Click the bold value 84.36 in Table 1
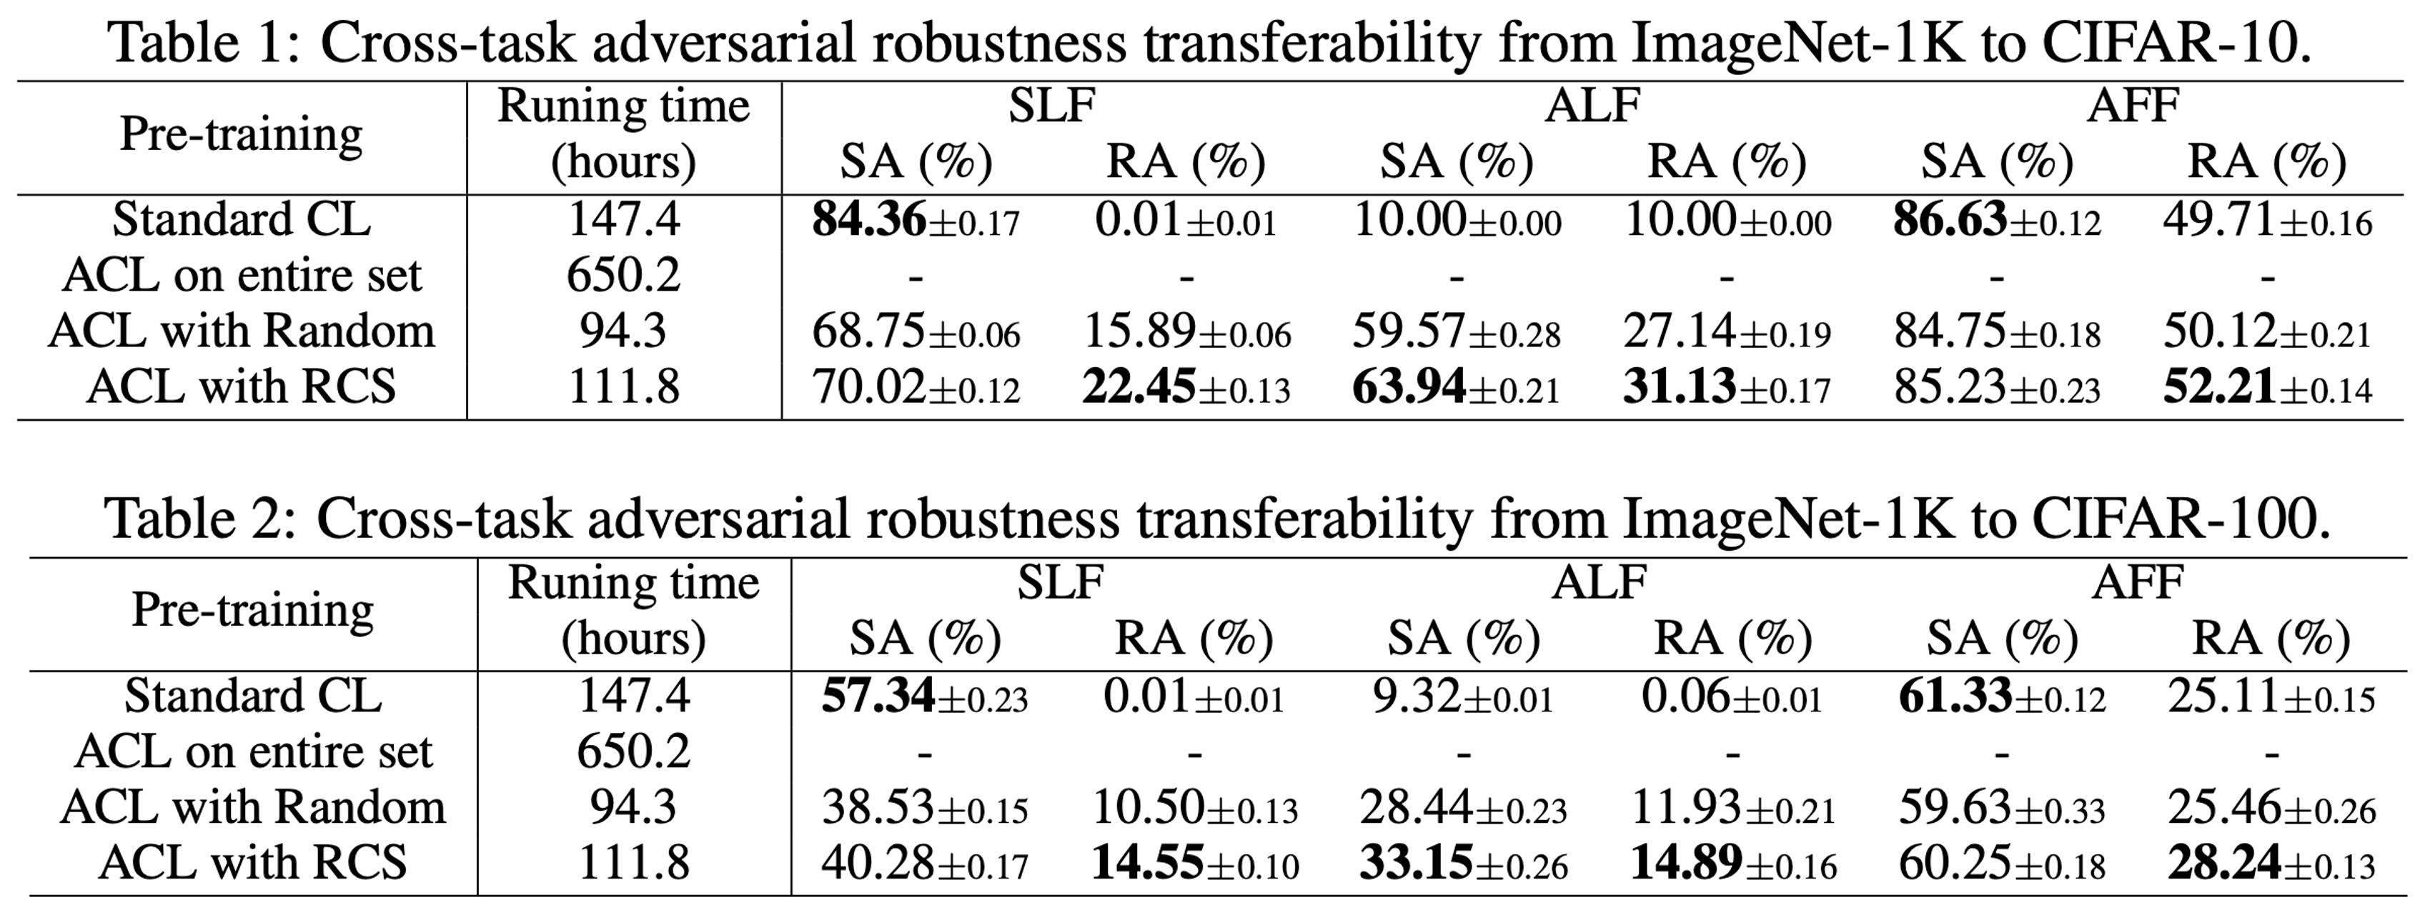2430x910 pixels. click(869, 220)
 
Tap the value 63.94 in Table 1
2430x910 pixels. click(1409, 386)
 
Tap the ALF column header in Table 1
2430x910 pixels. click(1592, 105)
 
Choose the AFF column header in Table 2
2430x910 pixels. click(2138, 581)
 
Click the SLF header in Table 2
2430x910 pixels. click(1061, 581)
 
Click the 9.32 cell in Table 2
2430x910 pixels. click(1410, 697)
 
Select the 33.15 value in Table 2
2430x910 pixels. click(1416, 863)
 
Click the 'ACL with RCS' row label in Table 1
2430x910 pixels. click(242, 386)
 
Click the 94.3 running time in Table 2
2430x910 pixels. click(634, 807)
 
